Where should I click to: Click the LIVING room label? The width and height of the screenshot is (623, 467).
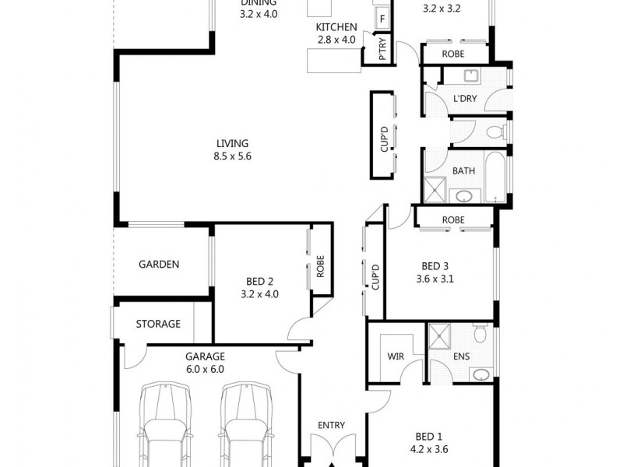(232, 143)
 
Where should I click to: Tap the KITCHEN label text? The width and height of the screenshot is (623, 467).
(336, 27)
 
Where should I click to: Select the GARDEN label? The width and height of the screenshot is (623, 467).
(159, 264)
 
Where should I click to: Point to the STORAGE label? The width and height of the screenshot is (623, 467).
(158, 324)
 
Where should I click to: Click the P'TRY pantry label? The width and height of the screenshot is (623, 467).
(382, 51)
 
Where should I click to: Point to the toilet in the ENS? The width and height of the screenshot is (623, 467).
(480, 335)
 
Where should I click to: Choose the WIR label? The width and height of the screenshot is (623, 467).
(396, 357)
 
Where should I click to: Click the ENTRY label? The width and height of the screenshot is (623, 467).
(331, 425)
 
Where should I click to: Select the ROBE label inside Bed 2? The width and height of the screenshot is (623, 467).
(320, 267)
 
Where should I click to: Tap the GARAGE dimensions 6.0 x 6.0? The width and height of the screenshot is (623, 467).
(204, 370)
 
